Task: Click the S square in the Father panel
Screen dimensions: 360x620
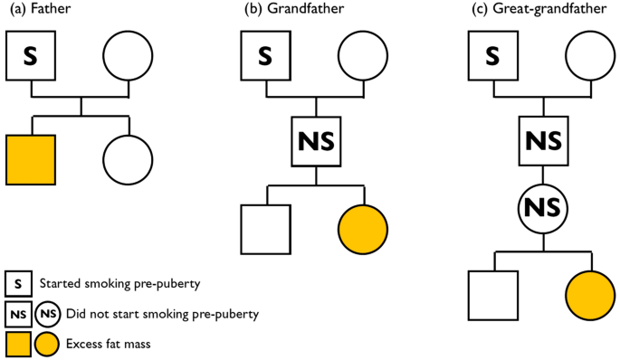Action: (31, 56)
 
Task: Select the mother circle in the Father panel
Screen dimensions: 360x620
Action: (128, 56)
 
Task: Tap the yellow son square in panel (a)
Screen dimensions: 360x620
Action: (31, 159)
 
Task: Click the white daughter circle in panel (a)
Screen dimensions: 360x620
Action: (128, 159)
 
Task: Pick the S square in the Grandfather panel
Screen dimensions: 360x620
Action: (265, 56)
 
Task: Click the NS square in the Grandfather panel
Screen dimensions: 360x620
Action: (316, 141)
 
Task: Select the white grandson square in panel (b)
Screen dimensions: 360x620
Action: (265, 230)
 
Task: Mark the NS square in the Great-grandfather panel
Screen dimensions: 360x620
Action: (542, 141)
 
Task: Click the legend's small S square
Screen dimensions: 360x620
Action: (18, 284)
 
